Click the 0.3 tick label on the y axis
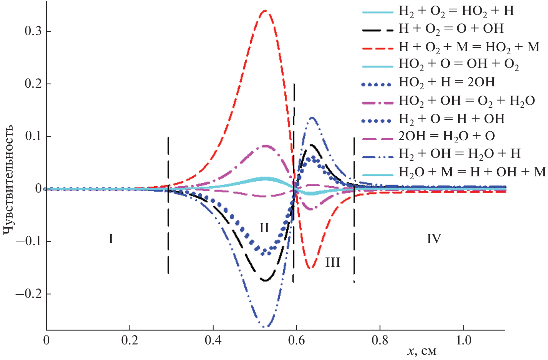coord(33,31)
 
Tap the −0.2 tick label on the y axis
coord(29,294)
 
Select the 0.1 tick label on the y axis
coord(33,136)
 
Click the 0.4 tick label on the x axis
coord(213,340)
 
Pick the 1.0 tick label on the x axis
coord(463,340)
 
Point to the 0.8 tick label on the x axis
coord(380,340)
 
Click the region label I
coord(111,239)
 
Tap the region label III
coord(333,262)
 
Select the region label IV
coord(434,239)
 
